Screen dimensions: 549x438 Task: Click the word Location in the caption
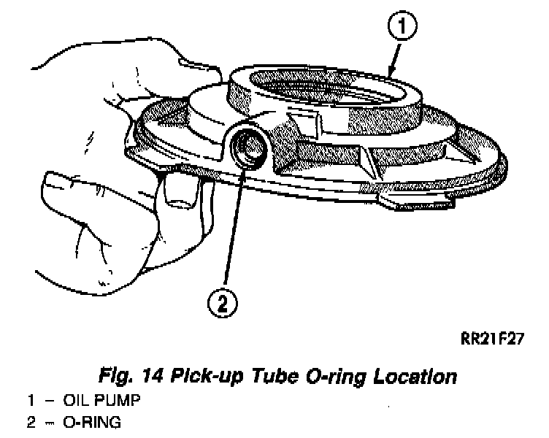click(415, 377)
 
